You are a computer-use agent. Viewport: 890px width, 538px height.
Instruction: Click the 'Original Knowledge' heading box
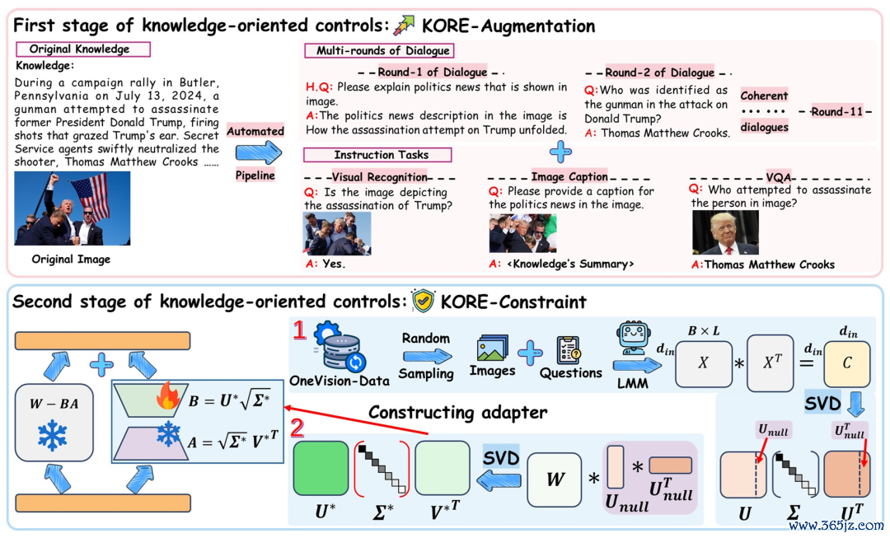[x=83, y=49]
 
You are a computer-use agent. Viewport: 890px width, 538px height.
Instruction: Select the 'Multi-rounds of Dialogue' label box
[x=379, y=50]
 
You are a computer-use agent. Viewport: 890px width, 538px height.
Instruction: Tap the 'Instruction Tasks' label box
[x=377, y=154]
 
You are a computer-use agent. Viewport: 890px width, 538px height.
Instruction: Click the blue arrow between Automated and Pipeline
[x=258, y=152]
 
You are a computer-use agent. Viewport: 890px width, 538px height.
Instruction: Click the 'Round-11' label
[x=836, y=112]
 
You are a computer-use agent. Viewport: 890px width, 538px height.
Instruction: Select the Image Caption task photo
[x=522, y=232]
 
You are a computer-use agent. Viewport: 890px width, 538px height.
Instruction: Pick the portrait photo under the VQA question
[x=725, y=232]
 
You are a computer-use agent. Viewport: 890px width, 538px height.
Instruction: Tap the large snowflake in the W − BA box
[x=53, y=436]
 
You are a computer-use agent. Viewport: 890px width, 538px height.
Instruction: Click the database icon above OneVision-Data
[x=340, y=347]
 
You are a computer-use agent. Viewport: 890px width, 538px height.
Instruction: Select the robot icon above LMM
[x=634, y=339]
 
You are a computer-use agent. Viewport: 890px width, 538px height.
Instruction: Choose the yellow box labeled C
[x=847, y=364]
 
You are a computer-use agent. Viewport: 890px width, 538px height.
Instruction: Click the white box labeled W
[x=555, y=480]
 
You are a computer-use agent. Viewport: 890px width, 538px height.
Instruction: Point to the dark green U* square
[x=321, y=468]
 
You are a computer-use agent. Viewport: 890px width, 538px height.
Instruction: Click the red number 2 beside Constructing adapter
[x=297, y=428]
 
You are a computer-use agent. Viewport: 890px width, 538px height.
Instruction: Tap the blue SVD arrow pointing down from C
[x=855, y=405]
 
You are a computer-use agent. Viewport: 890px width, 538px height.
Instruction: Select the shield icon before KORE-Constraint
[x=423, y=301]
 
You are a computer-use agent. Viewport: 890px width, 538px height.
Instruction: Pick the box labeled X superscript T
[x=770, y=363]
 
